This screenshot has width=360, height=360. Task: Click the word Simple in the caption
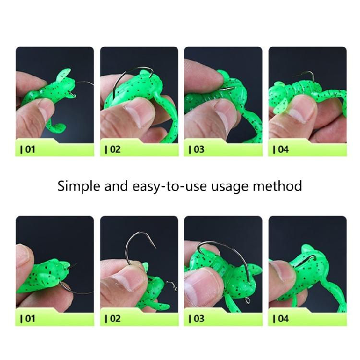pos(78,186)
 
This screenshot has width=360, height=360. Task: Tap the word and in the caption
pos(115,186)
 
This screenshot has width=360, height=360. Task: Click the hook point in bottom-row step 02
pos(155,248)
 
